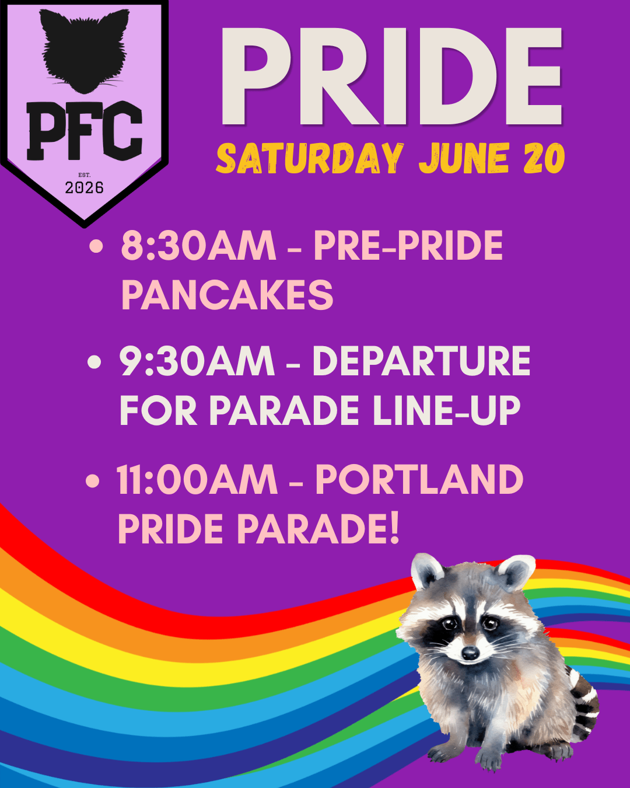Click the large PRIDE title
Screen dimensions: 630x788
click(x=391, y=76)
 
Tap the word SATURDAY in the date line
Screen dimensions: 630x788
click(x=310, y=158)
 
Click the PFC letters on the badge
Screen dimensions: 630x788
click(x=85, y=131)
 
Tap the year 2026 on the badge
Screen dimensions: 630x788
click(x=84, y=188)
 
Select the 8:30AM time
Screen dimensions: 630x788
click(x=198, y=245)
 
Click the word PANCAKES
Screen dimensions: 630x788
click(x=227, y=295)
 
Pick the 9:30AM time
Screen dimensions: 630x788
click(x=197, y=361)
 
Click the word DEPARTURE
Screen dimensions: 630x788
click(x=421, y=361)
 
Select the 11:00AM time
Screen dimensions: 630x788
click(x=197, y=480)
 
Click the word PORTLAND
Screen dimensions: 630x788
click(x=419, y=480)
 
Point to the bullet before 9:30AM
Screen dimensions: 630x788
click(x=94, y=361)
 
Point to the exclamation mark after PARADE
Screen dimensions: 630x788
click(x=393, y=529)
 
